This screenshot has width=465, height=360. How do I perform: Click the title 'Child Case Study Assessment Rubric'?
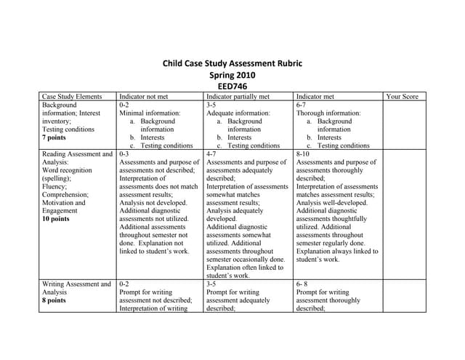click(x=232, y=63)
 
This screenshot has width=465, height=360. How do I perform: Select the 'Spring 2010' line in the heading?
click(x=232, y=75)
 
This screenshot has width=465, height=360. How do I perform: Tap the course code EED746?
click(x=232, y=87)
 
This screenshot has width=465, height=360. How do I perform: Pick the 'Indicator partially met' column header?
click(x=238, y=96)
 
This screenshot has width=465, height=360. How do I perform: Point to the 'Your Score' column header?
click(x=402, y=96)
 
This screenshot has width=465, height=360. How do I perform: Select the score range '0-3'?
click(x=124, y=154)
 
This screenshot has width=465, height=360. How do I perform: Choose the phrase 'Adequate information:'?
click(x=238, y=113)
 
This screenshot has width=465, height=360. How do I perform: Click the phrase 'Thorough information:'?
click(x=328, y=113)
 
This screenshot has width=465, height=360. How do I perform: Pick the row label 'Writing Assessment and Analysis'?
click(x=77, y=288)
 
